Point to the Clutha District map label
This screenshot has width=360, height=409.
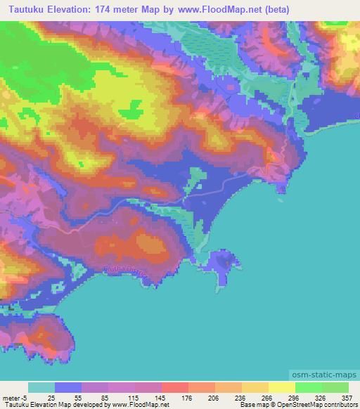[124, 271]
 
